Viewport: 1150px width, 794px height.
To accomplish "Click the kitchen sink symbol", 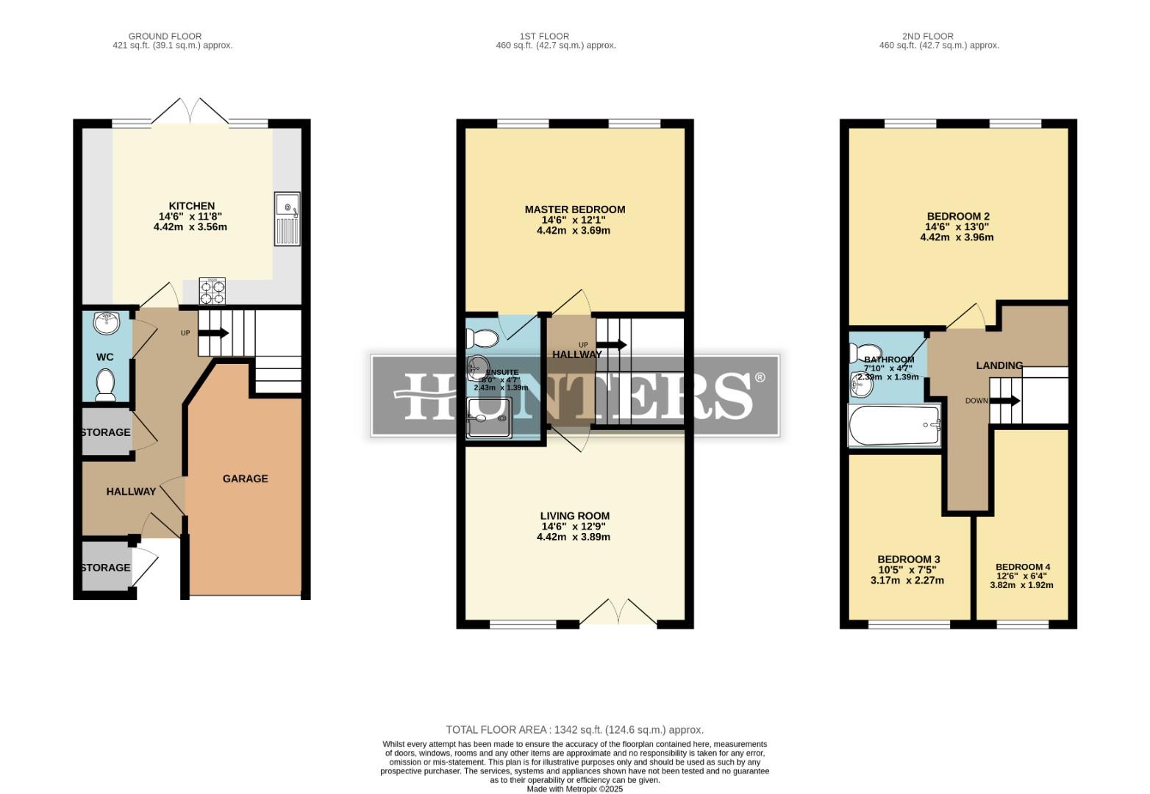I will [x=287, y=218].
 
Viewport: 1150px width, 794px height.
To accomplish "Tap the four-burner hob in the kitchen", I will [x=213, y=290].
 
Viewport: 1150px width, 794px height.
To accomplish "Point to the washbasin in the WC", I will [x=107, y=322].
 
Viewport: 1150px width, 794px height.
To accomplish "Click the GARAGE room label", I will [x=245, y=479].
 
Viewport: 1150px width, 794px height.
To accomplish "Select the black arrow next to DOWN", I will [x=1005, y=401].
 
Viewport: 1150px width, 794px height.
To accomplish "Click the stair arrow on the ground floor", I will [x=213, y=333].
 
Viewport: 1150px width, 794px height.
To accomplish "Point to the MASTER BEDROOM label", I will [x=574, y=210].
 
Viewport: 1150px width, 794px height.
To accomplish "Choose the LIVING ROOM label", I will [x=574, y=516].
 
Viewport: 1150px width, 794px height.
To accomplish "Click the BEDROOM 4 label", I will [x=1022, y=567].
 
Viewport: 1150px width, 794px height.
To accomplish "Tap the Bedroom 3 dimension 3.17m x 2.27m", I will [x=907, y=580].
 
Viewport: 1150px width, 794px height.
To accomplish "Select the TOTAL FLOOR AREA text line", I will [x=574, y=730].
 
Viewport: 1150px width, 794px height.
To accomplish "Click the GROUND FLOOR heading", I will [x=165, y=36].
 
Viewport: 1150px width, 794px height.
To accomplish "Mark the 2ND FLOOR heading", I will [x=927, y=36].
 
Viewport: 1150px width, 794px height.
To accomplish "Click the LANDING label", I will [x=999, y=365].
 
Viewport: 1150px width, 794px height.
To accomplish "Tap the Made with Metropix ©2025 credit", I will [x=574, y=789].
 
